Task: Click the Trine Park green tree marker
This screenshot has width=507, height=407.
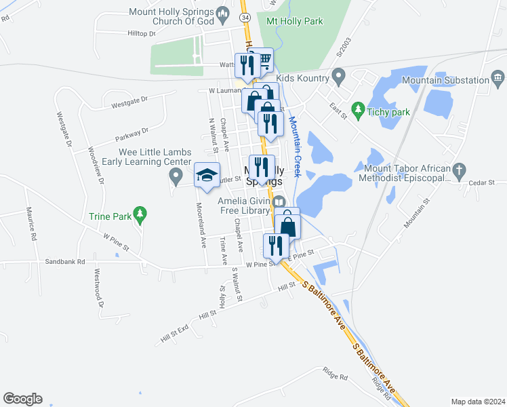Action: point(140,214)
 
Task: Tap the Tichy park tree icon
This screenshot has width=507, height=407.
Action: point(357,108)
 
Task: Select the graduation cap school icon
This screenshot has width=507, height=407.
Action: point(207,176)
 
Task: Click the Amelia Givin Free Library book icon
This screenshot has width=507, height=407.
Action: point(279,201)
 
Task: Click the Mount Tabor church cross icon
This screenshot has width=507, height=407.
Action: point(459,169)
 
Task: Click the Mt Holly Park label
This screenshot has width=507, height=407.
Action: point(295,21)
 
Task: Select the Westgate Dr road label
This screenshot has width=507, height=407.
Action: point(65,130)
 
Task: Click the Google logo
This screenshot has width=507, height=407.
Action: point(22,398)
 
